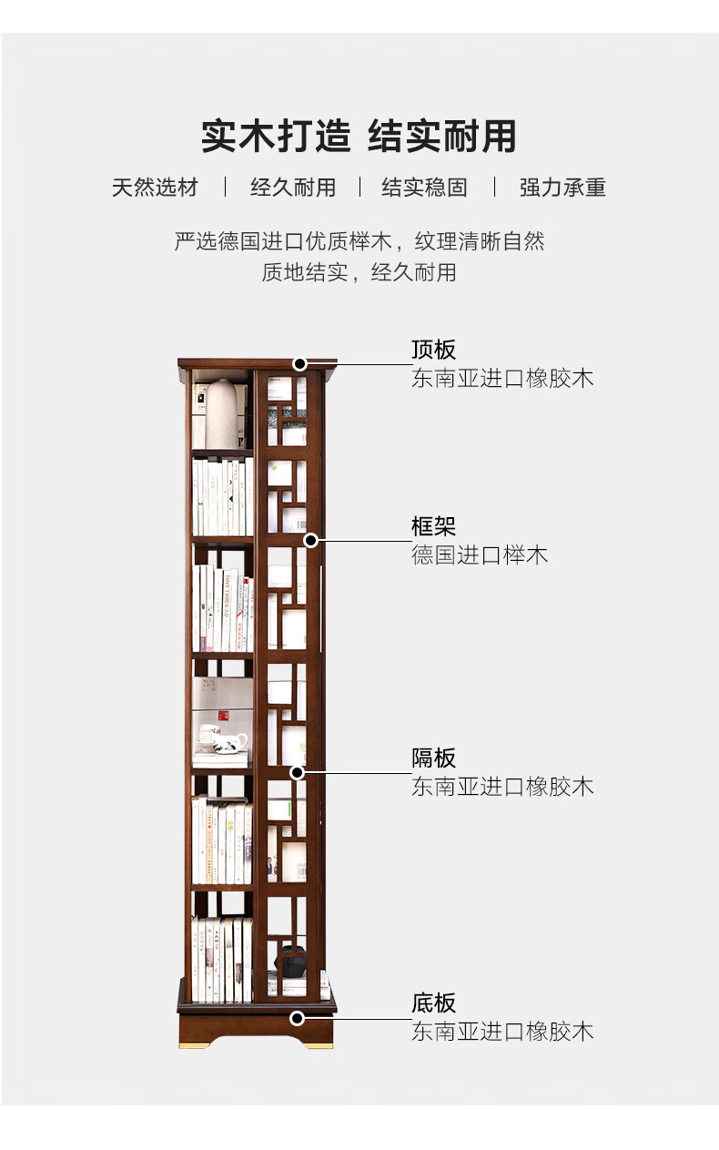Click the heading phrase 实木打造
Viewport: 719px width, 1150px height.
(275, 137)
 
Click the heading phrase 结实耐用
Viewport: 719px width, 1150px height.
(442, 137)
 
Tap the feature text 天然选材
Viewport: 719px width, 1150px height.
(155, 188)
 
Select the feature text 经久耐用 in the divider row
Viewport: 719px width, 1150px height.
(293, 188)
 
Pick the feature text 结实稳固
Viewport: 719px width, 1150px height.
(424, 188)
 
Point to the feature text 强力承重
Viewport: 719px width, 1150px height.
(562, 188)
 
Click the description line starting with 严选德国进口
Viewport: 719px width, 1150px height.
(359, 241)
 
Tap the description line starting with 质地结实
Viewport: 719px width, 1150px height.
(359, 272)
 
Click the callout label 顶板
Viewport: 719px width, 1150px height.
(433, 351)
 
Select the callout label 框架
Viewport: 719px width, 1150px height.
(433, 526)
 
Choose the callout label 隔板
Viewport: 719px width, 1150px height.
(433, 758)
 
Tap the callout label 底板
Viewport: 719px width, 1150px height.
(433, 1003)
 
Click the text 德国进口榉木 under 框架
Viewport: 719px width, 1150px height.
(480, 555)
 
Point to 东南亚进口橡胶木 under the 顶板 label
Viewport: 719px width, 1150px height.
(502, 379)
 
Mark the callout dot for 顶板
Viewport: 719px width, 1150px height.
(299, 364)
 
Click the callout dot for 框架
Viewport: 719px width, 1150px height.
(310, 540)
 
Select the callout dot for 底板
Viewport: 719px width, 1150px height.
(298, 1018)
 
